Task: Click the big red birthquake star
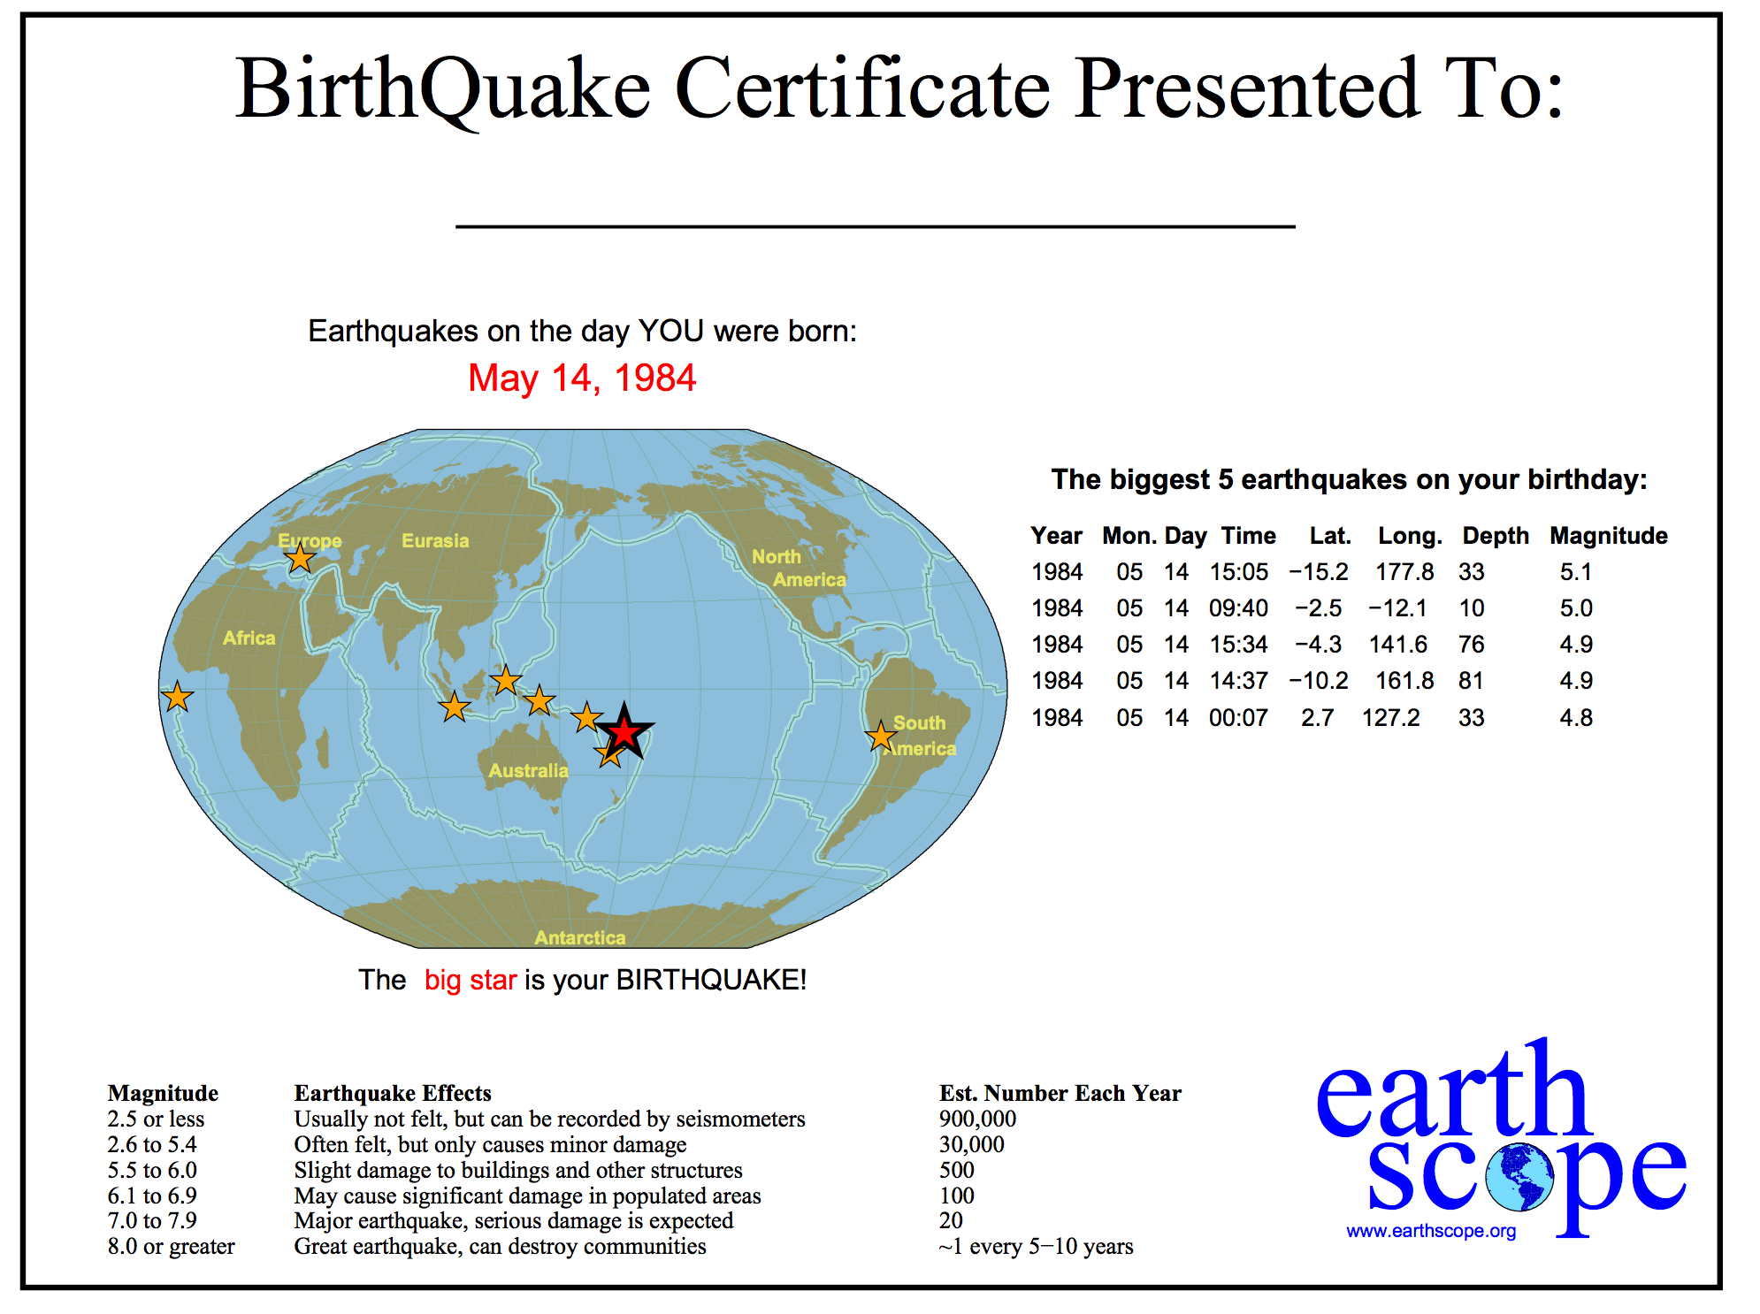pyautogui.click(x=624, y=731)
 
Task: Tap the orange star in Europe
pyautogui.click(x=301, y=558)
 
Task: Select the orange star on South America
pyautogui.click(x=881, y=736)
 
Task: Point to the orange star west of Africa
pyautogui.click(x=178, y=697)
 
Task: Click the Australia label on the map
pyautogui.click(x=528, y=770)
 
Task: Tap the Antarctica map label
pyautogui.click(x=580, y=937)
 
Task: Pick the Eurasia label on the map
pyautogui.click(x=435, y=540)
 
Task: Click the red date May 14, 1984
pyautogui.click(x=582, y=378)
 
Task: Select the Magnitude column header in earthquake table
pyautogui.click(x=1609, y=536)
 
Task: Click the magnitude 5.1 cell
pyautogui.click(x=1576, y=572)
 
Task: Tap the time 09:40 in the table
pyautogui.click(x=1238, y=608)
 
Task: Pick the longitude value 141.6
pyautogui.click(x=1398, y=645)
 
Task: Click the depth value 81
pyautogui.click(x=1472, y=681)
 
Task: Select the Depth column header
pyautogui.click(x=1496, y=536)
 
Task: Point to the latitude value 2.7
pyautogui.click(x=1317, y=717)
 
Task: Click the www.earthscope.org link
pyautogui.click(x=1431, y=1231)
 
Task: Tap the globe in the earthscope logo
pyautogui.click(x=1519, y=1177)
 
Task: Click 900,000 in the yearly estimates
pyautogui.click(x=977, y=1119)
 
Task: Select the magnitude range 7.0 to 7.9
pyautogui.click(x=152, y=1220)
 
